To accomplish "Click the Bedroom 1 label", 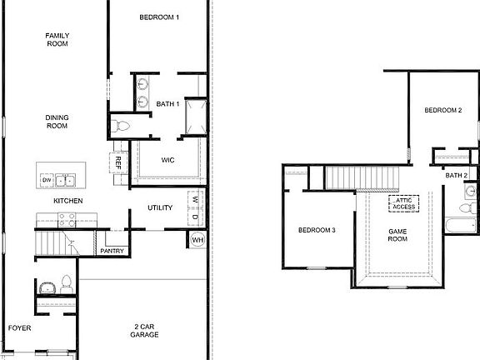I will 158,17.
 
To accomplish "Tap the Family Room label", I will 57,39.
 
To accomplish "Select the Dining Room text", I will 57,122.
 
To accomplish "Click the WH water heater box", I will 197,240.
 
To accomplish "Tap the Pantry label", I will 112,250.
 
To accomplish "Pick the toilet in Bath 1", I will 121,127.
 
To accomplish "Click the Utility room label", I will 160,207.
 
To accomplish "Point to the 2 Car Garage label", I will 145,330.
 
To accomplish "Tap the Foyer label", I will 19,328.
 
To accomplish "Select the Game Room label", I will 397,235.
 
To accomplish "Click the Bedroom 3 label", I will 317,230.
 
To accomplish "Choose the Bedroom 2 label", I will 442,110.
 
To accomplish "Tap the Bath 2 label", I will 456,175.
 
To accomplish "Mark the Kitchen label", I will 67,201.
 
